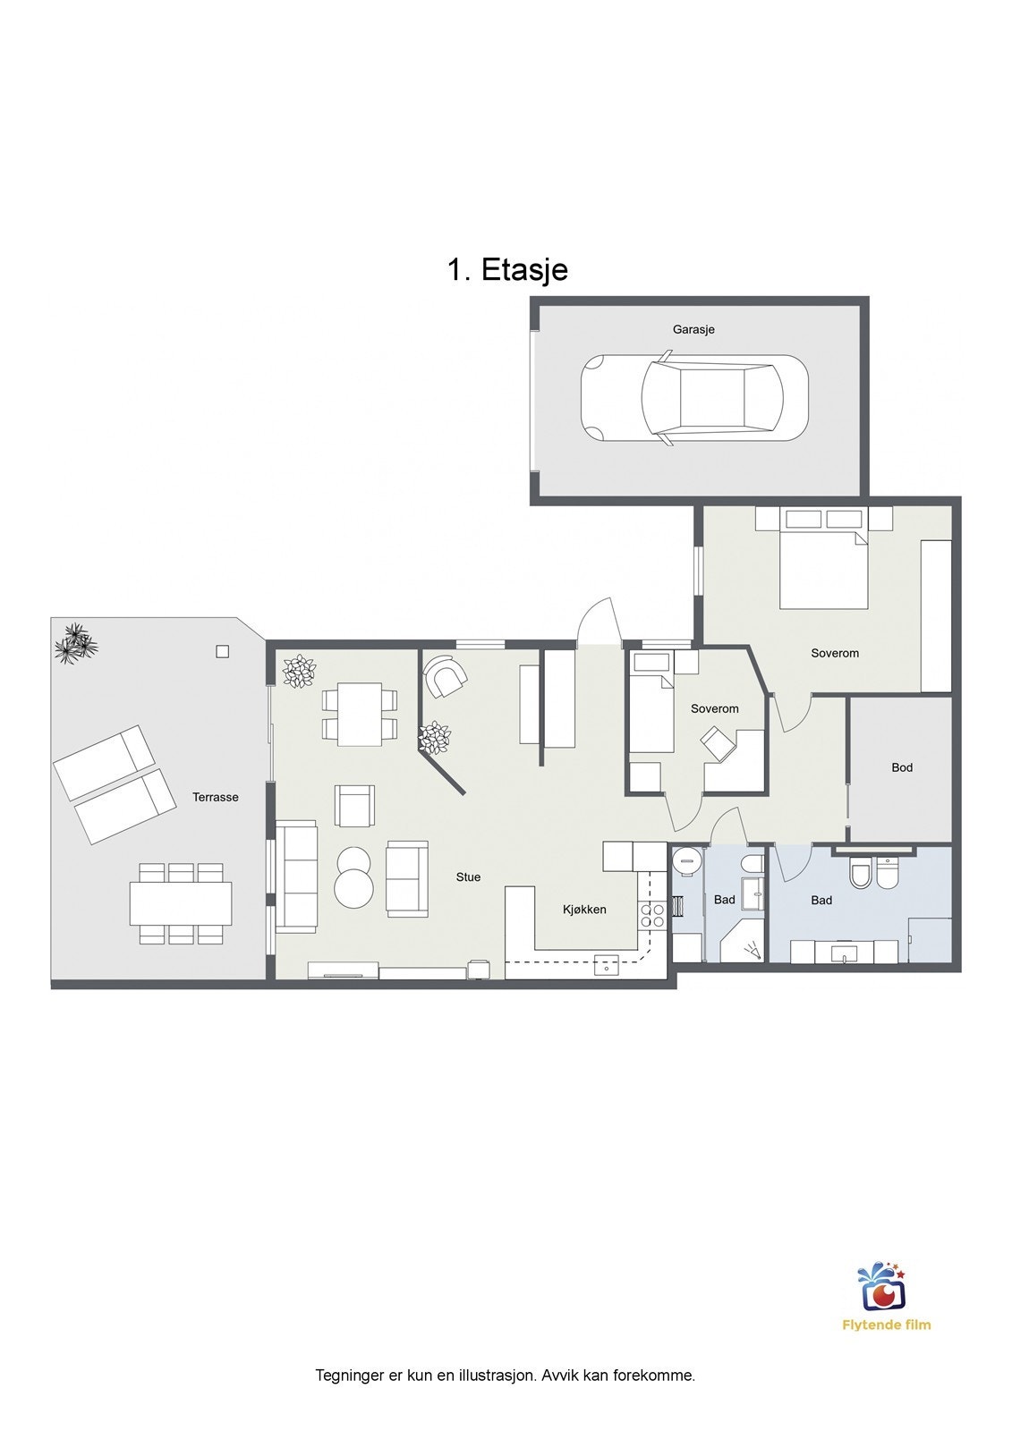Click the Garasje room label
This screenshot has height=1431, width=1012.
tap(693, 330)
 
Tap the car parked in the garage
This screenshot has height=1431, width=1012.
tap(694, 398)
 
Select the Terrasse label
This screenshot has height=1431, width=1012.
tap(216, 797)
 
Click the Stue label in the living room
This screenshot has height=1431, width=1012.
tap(468, 877)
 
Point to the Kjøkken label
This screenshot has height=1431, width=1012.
tap(584, 910)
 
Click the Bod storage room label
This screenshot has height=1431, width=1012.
tap(902, 767)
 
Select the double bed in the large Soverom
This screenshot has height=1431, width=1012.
tap(823, 559)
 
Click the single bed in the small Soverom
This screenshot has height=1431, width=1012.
tap(651, 701)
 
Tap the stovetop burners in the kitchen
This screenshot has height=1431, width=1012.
tap(652, 916)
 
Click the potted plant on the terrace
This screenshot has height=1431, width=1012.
tap(77, 644)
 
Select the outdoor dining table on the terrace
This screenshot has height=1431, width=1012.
tap(181, 903)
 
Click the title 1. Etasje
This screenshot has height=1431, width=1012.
tap(507, 269)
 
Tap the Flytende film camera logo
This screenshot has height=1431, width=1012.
tap(882, 1285)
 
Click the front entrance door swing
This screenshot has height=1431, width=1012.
tap(599, 622)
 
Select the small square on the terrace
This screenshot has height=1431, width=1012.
tap(222, 652)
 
